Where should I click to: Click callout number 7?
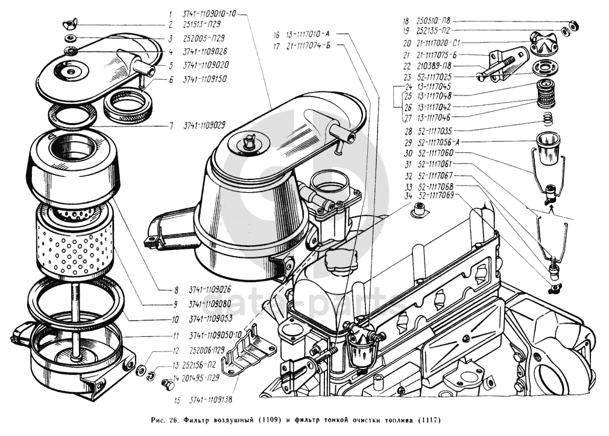[171, 126]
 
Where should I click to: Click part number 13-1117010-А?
[308, 34]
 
